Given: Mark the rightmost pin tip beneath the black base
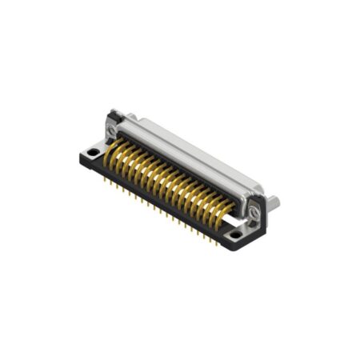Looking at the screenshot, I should (x=218, y=242).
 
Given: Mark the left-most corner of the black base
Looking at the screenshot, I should (x=82, y=151).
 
